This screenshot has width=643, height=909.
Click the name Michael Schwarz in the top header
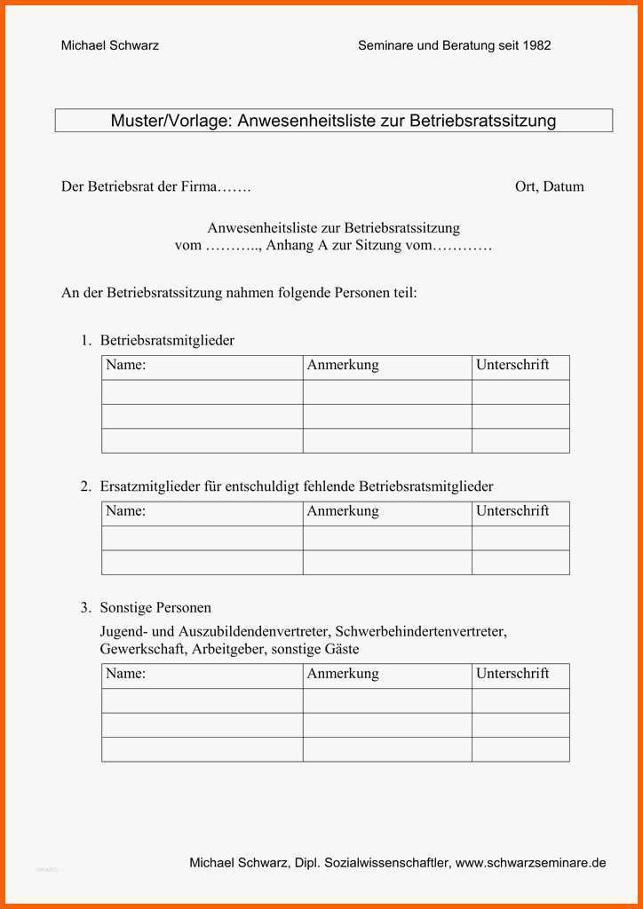click(x=109, y=45)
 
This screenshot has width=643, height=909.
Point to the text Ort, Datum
click(x=549, y=186)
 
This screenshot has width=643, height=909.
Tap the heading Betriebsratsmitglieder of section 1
click(x=167, y=340)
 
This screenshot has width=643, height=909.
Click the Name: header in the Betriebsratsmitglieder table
click(x=125, y=365)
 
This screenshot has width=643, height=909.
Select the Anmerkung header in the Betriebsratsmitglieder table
click(x=343, y=365)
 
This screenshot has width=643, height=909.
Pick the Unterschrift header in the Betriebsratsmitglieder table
click(x=512, y=365)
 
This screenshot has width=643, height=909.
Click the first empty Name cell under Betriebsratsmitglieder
click(x=202, y=392)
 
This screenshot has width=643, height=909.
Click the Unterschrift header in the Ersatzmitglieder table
click(x=512, y=511)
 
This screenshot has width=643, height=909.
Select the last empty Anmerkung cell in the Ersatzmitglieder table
click(x=387, y=563)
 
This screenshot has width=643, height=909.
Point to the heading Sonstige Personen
click(x=155, y=608)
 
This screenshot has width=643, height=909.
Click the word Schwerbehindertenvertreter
click(x=420, y=632)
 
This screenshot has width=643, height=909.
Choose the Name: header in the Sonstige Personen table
click(x=125, y=674)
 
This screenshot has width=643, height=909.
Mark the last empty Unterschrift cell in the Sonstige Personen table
click(x=520, y=749)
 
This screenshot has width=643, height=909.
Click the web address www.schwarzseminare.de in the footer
click(x=531, y=863)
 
